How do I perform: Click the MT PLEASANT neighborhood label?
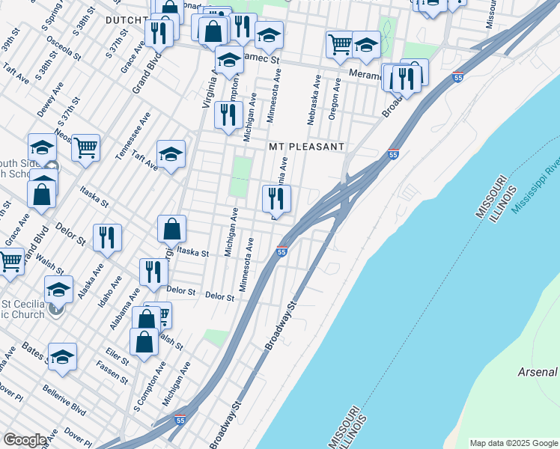click(x=306, y=147)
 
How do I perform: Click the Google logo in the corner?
click(x=24, y=440)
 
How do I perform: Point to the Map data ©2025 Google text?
click(x=514, y=443)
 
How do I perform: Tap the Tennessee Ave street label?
click(x=135, y=135)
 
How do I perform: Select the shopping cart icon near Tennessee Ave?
click(x=86, y=147)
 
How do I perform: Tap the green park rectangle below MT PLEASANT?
click(x=240, y=177)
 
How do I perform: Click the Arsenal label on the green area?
click(x=537, y=372)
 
